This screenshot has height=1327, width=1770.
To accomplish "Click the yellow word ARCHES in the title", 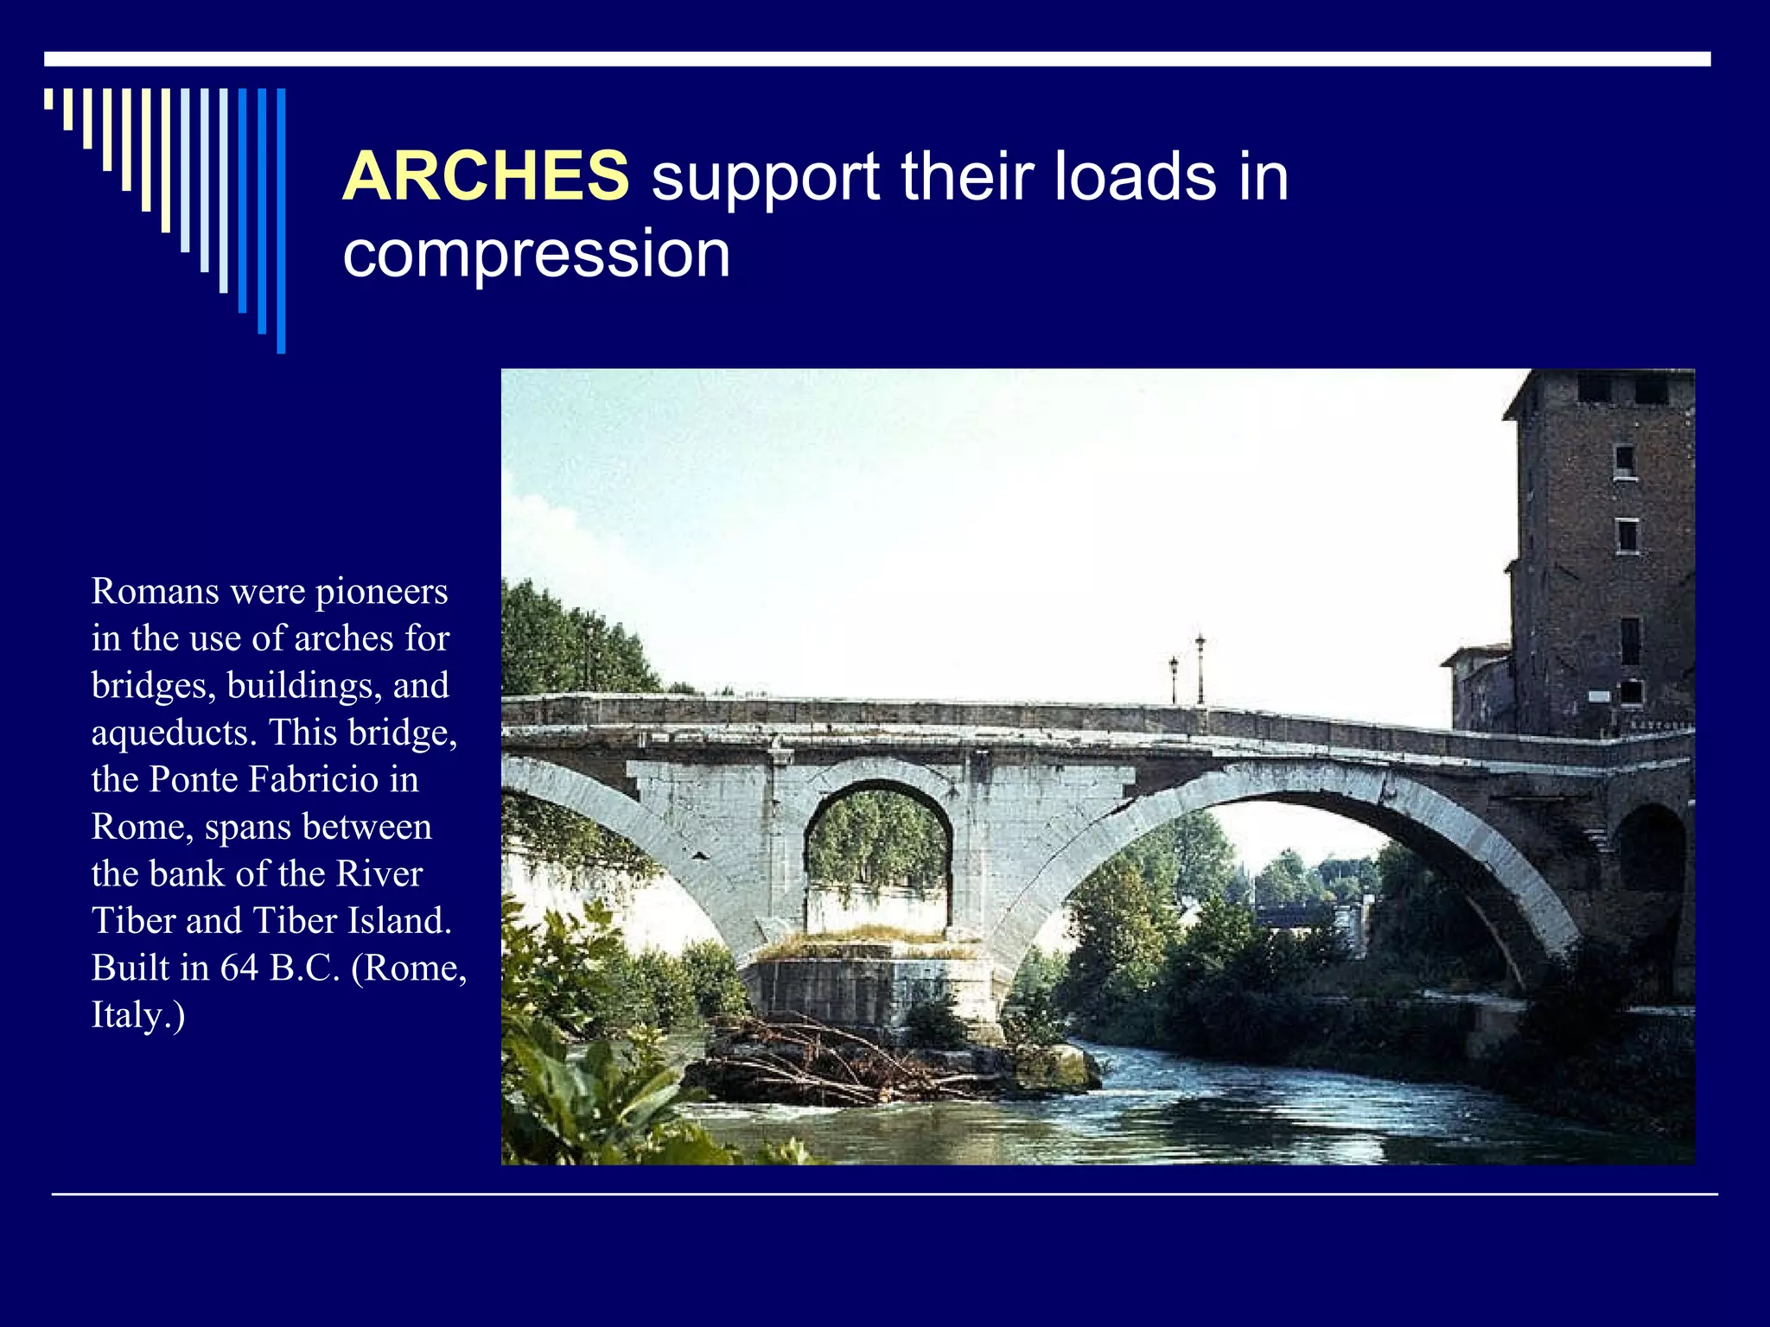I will [x=486, y=176].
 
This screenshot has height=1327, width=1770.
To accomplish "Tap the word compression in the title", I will [x=537, y=254].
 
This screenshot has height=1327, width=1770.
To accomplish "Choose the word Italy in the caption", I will [x=129, y=1015].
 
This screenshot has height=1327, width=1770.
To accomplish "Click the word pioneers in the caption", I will [x=381, y=592].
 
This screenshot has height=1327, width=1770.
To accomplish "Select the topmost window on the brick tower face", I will [x=1624, y=460].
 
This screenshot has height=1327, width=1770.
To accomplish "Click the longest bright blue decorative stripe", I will [x=281, y=220].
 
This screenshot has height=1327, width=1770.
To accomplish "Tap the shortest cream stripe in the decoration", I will [x=48, y=98].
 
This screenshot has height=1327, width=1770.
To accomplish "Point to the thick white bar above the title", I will [x=877, y=59].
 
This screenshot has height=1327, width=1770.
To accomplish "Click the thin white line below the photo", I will [x=884, y=1195].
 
